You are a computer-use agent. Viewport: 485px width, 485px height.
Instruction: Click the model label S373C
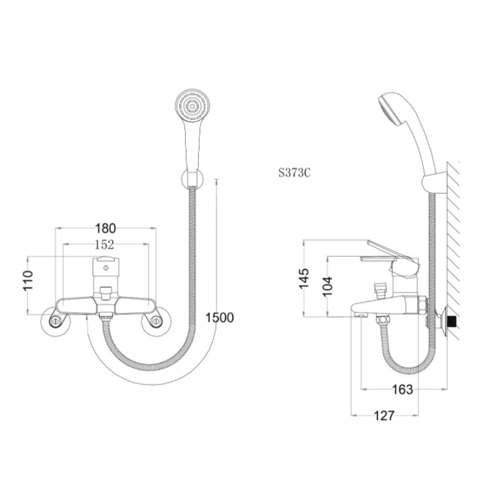[294, 173]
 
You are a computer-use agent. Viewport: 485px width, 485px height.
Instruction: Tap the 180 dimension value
[105, 228]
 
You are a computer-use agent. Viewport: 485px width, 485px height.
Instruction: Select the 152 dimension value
[104, 245]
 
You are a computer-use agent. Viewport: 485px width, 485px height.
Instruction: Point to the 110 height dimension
[28, 281]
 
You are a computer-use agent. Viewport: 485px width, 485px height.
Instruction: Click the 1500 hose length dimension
[220, 317]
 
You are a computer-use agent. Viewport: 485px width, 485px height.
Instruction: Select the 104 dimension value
[327, 286]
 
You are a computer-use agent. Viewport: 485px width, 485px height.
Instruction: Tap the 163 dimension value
[402, 389]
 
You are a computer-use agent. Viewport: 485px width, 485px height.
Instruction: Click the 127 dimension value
[384, 416]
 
